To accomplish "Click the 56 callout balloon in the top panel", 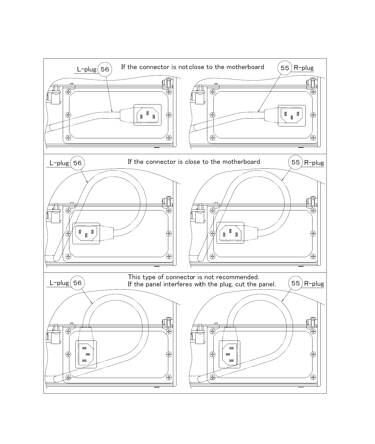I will click(x=105, y=69).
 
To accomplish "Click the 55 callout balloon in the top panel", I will click(x=285, y=68).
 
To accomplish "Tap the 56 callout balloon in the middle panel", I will click(x=77, y=163).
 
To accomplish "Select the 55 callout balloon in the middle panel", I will click(x=295, y=162).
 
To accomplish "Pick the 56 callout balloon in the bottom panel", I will click(x=77, y=283).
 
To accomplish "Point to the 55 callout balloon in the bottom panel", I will click(x=295, y=283).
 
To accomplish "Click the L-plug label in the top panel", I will click(x=86, y=69).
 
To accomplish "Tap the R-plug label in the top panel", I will click(x=304, y=68).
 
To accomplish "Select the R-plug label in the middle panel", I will click(x=314, y=163).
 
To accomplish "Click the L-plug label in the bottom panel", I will click(x=59, y=283).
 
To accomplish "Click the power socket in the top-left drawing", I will click(x=147, y=115).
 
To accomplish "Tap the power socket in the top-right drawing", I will click(x=292, y=116).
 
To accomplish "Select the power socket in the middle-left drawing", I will click(x=86, y=233).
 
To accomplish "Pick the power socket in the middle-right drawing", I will click(x=230, y=233).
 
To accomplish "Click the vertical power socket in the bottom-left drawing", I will click(x=86, y=354).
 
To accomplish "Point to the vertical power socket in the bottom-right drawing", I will click(x=229, y=354).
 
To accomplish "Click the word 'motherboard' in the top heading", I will click(x=245, y=67).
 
